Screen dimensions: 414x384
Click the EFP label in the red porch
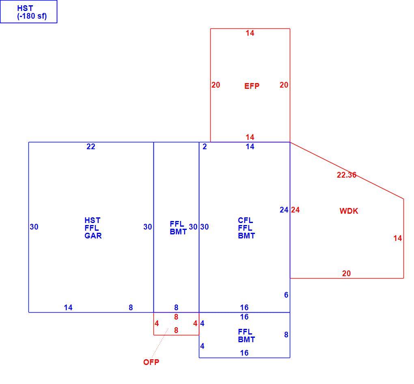pos(252,86)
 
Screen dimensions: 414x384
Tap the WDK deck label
pos(349,211)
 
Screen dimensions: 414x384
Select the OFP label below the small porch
pos(151,362)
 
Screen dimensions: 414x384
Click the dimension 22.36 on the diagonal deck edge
pos(346,175)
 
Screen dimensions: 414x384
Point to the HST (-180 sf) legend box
pos(28,12)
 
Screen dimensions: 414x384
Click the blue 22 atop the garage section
pos(91,147)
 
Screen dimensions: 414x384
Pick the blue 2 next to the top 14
pos(205,147)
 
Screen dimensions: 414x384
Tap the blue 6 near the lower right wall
pos(286,295)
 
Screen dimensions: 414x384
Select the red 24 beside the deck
pos(295,210)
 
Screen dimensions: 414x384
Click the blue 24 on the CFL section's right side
pos(284,210)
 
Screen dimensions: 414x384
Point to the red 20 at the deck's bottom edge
pos(346,273)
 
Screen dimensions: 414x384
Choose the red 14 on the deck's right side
pos(398,238)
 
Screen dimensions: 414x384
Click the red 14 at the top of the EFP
pos(250,33)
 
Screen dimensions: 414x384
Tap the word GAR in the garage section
pos(93,236)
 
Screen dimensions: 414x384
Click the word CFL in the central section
pos(245,221)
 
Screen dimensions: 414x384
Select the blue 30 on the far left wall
pos(34,227)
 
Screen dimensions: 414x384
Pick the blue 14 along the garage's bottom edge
pos(68,307)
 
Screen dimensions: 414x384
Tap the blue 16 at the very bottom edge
pos(244,353)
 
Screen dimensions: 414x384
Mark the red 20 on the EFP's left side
pos(216,85)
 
